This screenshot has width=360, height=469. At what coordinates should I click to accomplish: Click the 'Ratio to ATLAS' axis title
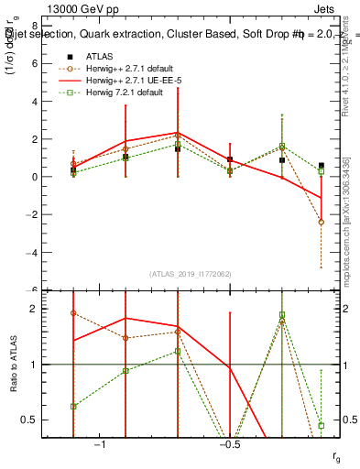click(x=12, y=365)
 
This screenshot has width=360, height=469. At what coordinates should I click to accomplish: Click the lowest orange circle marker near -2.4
click(x=322, y=222)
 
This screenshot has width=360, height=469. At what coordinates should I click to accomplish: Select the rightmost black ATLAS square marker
click(x=322, y=166)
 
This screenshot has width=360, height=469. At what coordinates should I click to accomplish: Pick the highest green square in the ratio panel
click(x=282, y=315)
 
